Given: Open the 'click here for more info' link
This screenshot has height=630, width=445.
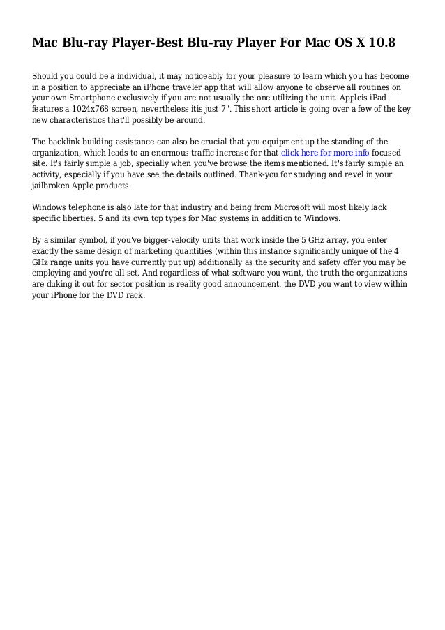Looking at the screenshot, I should (x=324, y=152).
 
